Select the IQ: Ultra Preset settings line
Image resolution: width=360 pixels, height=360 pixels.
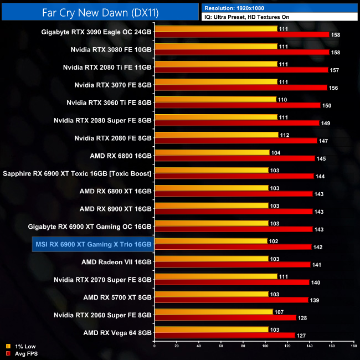(255, 17)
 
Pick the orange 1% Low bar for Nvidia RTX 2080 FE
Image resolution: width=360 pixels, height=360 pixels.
(216, 135)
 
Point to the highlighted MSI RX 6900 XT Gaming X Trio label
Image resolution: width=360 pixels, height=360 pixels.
(92, 244)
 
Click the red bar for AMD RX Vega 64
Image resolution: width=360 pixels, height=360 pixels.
(224, 335)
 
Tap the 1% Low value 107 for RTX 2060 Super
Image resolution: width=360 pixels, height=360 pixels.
(280, 311)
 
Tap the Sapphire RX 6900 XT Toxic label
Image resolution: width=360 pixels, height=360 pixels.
(77, 173)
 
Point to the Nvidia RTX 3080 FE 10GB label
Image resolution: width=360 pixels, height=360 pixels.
(111, 49)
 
